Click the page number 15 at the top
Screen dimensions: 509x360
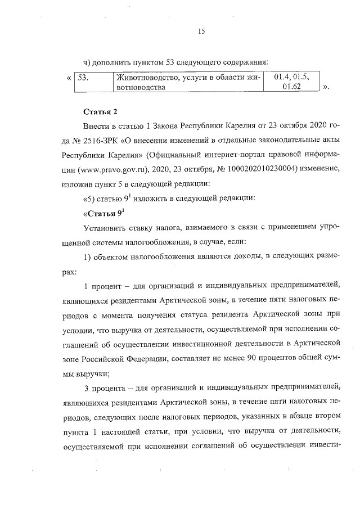click(x=200, y=32)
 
